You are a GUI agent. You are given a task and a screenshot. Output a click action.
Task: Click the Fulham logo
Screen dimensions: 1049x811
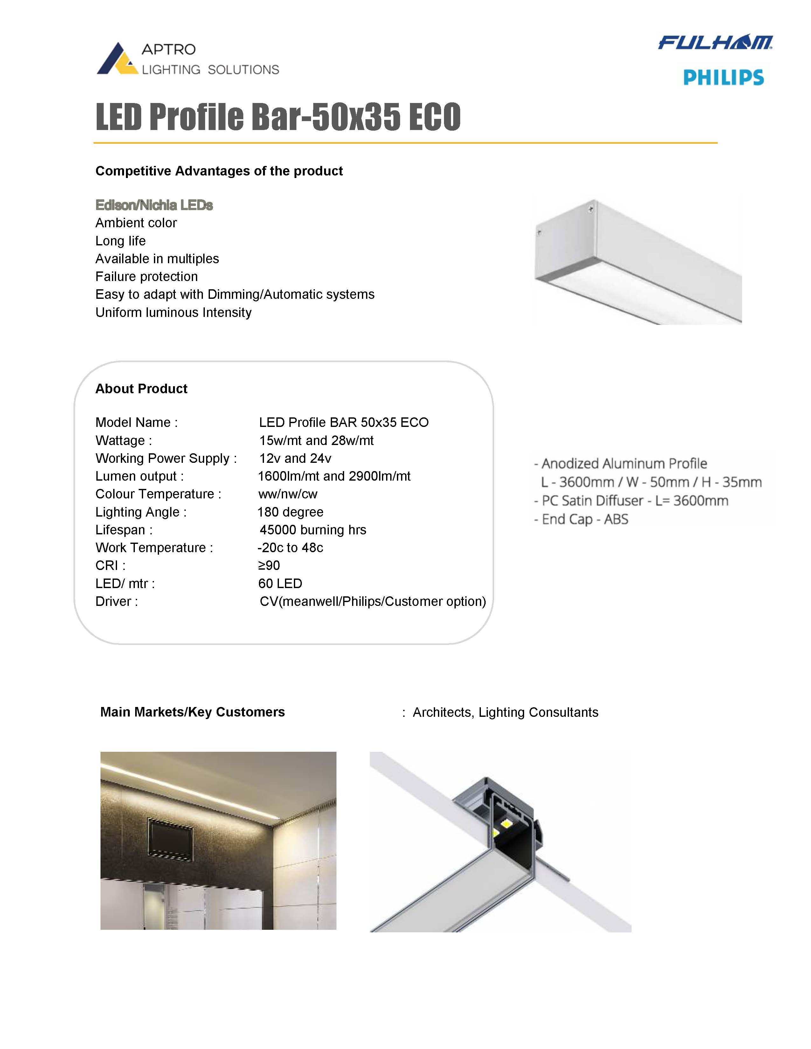tap(715, 42)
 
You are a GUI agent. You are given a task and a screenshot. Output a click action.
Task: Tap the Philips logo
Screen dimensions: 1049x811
tap(723, 77)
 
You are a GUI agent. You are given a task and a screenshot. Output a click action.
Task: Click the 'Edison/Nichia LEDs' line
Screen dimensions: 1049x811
tap(154, 205)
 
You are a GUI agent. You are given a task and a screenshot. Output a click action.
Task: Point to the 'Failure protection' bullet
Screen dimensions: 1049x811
tap(147, 277)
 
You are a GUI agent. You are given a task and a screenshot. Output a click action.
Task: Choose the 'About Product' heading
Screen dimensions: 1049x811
tap(141, 388)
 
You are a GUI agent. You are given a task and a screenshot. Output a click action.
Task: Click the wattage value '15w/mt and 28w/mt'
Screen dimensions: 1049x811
tap(316, 441)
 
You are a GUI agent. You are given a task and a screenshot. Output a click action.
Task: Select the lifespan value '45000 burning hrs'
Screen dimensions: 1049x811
tap(313, 530)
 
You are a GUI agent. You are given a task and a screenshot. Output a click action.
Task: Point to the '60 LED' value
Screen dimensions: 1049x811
tap(280, 584)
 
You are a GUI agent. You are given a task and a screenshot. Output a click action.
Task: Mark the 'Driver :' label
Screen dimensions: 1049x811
tap(117, 601)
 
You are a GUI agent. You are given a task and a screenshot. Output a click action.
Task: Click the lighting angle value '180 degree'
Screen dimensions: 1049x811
tap(290, 512)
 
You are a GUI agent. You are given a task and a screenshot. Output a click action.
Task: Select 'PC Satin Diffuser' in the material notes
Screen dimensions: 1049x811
tap(592, 500)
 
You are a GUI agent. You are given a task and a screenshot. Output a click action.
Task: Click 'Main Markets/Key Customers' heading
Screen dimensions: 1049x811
tap(192, 712)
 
